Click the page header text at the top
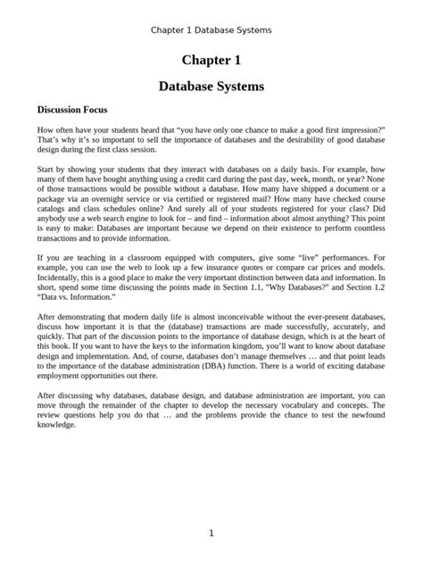coord(211,29)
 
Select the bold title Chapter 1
coord(211,61)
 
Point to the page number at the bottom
coord(211,534)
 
